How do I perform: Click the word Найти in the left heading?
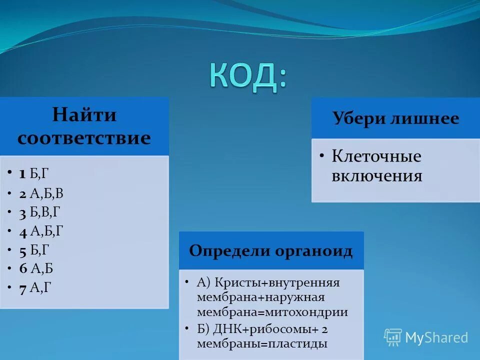pos(84,115)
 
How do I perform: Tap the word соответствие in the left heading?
pos(84,137)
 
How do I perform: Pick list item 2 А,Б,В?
pos(41,193)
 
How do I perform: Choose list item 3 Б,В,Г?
pos(40,212)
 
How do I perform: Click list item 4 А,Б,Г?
pos(41,230)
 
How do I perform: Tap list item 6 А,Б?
pos(36,268)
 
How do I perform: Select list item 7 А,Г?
pos(35,287)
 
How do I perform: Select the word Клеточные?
pos(376,156)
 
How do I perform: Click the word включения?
pos(377,176)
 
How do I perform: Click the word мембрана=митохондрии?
pos(272,312)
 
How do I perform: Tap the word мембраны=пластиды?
pos(262,343)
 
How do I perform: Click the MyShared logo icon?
pos(393,337)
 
